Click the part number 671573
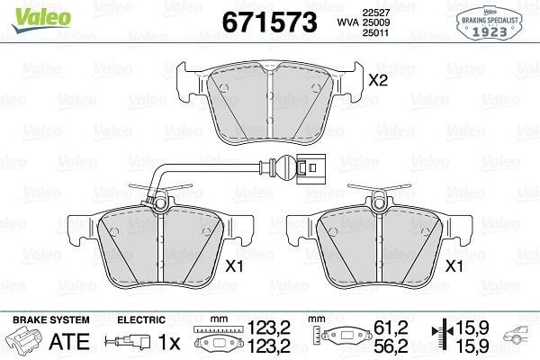coord(270,22)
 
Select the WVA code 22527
coord(375,13)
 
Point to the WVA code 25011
coord(375,32)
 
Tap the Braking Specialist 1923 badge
coord(490,23)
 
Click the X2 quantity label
coord(378,81)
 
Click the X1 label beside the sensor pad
coord(234,266)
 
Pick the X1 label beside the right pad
coord(454,266)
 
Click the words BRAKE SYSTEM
coord(51,319)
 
